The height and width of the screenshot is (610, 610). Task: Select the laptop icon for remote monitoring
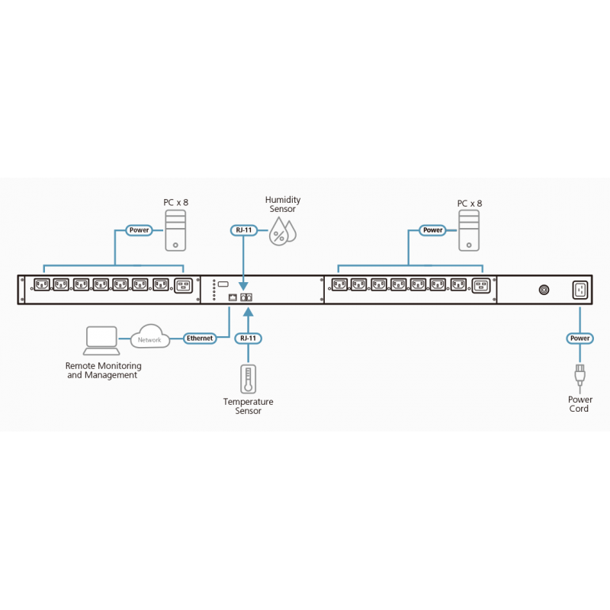101,340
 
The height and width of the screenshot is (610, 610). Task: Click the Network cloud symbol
149,338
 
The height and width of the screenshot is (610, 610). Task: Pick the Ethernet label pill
199,337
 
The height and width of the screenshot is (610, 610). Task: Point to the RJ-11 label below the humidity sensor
242,230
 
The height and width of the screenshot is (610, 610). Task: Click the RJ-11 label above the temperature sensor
248,338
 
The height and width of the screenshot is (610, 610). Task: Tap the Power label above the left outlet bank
140,230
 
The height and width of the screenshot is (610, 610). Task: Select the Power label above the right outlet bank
432,230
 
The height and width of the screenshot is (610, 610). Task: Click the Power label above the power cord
579,338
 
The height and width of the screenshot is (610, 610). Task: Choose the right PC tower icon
470,231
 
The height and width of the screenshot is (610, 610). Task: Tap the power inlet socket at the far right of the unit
579,290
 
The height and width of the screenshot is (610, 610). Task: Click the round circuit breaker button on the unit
544,290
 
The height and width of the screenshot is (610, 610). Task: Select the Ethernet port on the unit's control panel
233,297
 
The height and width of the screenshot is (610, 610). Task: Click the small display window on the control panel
223,284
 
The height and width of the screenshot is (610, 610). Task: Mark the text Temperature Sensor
248,406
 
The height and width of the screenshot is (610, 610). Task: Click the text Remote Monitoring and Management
103,371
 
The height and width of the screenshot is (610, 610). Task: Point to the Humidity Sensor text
282,204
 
